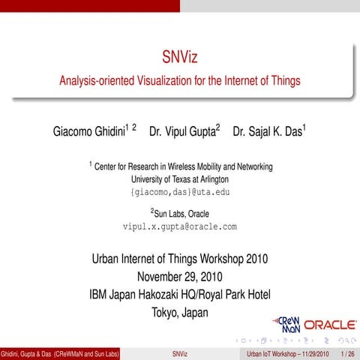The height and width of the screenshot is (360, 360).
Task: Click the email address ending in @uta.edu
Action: point(179,192)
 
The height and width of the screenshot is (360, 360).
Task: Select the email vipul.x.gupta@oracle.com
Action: point(179,226)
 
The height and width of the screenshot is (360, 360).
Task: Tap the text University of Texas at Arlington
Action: point(179,179)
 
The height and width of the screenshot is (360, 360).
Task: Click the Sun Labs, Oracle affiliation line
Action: point(180,212)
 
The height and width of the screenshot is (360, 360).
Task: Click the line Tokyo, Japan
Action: point(179,311)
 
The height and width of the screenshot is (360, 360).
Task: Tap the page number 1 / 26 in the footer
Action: point(347,353)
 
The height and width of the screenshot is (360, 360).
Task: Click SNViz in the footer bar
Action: point(179,353)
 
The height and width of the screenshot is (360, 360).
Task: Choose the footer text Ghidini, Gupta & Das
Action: point(26,353)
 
